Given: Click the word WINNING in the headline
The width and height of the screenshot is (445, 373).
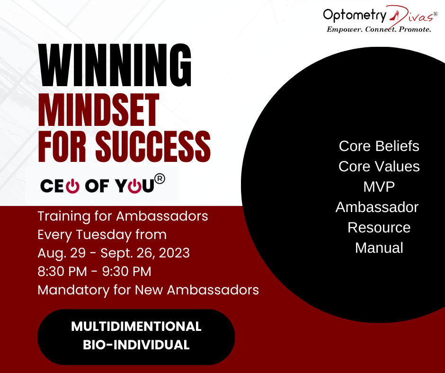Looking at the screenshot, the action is point(115,65).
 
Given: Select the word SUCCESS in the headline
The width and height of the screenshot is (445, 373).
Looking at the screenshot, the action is point(153,146).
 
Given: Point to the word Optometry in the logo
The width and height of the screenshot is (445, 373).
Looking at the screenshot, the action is point(355,15).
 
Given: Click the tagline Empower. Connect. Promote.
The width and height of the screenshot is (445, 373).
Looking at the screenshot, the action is point(379,29).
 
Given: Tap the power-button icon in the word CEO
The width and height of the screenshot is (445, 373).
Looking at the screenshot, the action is point(72,186).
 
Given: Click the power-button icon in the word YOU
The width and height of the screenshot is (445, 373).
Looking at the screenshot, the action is point(134,186).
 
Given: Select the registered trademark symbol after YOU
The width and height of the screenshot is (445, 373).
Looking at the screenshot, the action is point(160,179).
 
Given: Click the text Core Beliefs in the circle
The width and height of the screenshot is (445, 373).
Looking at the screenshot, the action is point(379,146).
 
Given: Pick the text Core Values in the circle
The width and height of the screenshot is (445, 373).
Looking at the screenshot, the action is point(379,166).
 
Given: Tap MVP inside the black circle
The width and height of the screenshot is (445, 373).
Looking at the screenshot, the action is point(379,187).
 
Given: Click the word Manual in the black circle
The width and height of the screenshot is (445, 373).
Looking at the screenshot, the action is point(379,248).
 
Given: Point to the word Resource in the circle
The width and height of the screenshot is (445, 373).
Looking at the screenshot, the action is point(379,227).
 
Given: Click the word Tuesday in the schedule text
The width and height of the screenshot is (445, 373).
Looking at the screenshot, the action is point(104,235).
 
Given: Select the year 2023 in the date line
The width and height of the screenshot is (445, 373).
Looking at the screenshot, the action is point(174,253).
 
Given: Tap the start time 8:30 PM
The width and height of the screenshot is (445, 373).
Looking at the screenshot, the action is point(62,271).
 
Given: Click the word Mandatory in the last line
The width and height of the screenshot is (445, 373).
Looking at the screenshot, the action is point(73,290).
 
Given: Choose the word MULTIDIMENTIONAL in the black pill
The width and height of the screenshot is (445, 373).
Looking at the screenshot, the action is point(136,327).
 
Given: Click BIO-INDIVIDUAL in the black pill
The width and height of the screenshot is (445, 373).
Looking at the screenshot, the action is point(136,345).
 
